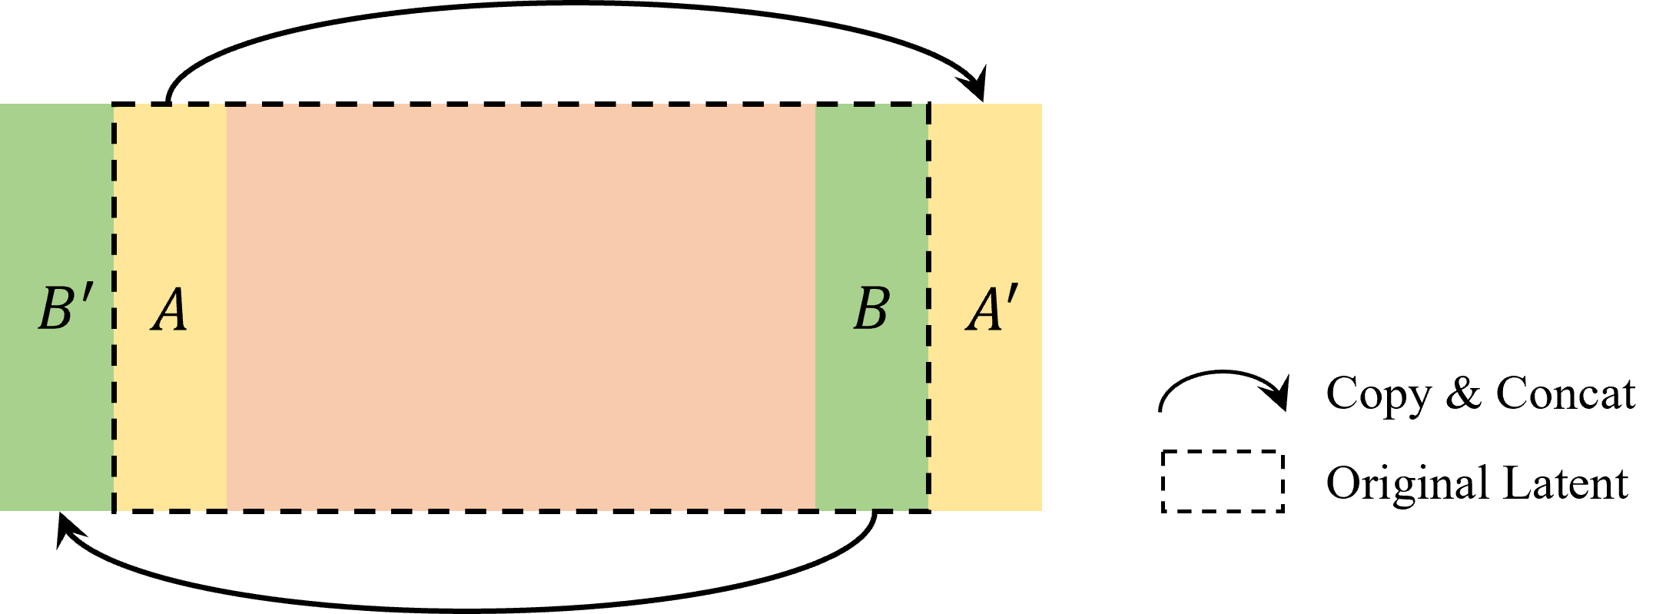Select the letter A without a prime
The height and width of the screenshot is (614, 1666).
pos(169,310)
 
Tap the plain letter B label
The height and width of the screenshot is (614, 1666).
pos(871,309)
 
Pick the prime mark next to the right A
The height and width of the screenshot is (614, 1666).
pos(1014,295)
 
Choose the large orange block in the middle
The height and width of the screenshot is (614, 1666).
pos(521,307)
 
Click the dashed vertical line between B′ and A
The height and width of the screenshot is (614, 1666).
pos(114,231)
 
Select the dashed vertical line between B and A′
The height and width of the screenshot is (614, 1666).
pos(928,231)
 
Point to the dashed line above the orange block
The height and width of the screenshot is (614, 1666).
pos(521,105)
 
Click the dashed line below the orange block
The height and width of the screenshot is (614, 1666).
pos(521,509)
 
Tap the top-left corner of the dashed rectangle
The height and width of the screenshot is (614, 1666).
pos(114,105)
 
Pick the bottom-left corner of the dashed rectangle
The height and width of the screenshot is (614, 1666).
pos(114,509)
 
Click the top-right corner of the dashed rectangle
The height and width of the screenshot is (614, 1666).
pos(928,105)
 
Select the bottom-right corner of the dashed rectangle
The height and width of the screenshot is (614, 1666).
pos(928,509)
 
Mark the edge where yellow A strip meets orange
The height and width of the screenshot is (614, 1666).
pos(227,307)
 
